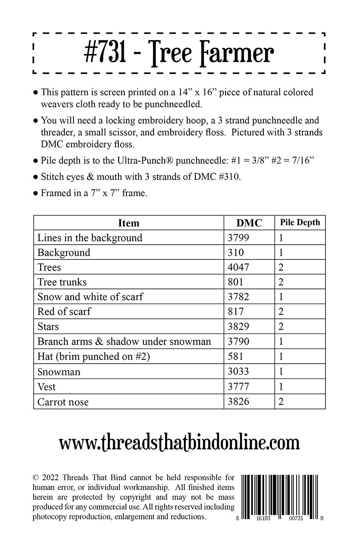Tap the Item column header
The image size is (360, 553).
click(x=129, y=223)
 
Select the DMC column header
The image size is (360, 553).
click(x=249, y=223)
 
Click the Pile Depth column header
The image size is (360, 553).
click(x=300, y=222)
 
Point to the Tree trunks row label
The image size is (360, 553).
click(x=62, y=282)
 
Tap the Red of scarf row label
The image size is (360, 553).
click(x=64, y=312)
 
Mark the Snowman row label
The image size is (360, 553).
click(x=59, y=372)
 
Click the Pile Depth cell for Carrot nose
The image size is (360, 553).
click(x=281, y=402)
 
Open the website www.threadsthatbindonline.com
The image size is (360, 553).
click(x=180, y=443)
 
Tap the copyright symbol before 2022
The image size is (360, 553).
click(x=36, y=476)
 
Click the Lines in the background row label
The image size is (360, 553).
click(x=90, y=238)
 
